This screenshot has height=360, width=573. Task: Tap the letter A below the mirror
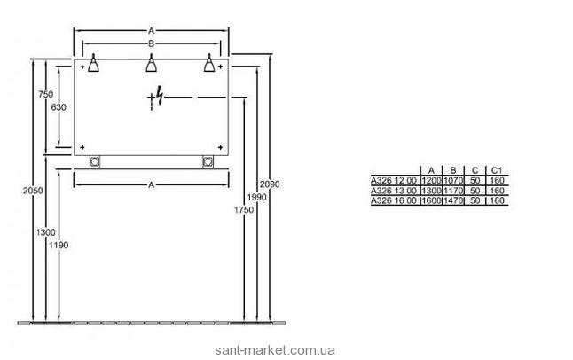[151, 184]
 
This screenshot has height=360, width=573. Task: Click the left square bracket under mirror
[94, 161]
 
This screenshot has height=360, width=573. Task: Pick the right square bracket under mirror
[208, 161]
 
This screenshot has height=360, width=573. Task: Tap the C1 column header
[497, 168]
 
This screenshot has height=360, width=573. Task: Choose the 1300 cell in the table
[430, 190]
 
